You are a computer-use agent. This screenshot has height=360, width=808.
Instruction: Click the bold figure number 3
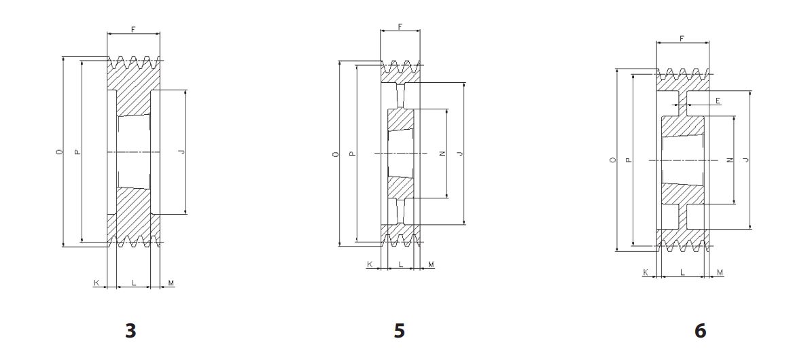tap(131, 331)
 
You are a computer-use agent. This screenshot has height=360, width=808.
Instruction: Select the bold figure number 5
tap(400, 331)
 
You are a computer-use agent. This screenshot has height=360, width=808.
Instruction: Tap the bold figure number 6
tap(701, 331)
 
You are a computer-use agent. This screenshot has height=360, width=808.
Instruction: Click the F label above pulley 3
tap(133, 29)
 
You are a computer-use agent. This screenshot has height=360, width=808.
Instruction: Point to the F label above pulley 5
tap(400, 26)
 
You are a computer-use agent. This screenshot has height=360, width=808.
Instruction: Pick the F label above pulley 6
tap(682, 39)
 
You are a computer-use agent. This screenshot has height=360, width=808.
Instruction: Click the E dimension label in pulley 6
tap(718, 101)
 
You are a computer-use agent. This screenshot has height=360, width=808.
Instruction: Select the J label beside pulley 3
tap(181, 151)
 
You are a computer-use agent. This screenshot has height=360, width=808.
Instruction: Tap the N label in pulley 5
tap(442, 153)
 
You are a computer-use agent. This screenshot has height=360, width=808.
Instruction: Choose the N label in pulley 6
tap(730, 160)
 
